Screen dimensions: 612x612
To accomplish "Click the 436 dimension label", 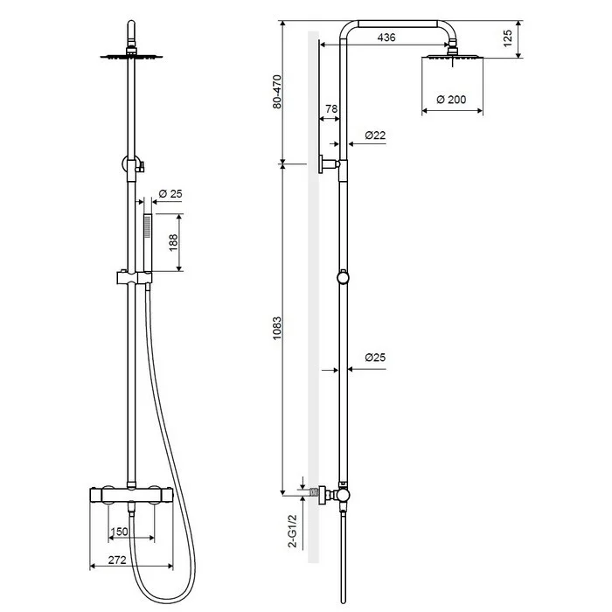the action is (386, 38).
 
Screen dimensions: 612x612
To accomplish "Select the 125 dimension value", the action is (507, 38).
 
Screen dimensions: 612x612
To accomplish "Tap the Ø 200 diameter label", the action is (451, 100).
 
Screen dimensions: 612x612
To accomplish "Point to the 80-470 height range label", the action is (277, 92).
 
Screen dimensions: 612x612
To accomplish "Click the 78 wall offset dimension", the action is (331, 109).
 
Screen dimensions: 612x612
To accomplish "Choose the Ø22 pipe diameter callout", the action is (375, 135).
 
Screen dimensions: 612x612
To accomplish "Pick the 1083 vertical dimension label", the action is (277, 328).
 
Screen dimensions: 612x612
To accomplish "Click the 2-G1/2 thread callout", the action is (292, 531).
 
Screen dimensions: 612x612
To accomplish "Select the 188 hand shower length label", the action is (173, 242).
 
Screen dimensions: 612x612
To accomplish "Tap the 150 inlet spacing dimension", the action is (119, 532).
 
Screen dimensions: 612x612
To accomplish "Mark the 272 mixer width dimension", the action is (117, 560).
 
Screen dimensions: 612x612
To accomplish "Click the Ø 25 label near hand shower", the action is (170, 193).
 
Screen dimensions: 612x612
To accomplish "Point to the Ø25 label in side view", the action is (375, 357).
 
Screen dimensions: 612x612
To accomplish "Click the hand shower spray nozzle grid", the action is (148, 226).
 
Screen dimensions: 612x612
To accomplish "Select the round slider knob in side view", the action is (343, 277).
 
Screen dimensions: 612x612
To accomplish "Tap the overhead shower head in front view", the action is (131, 57).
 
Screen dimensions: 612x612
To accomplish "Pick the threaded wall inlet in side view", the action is (313, 492).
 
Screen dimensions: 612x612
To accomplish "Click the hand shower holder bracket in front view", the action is (135, 277).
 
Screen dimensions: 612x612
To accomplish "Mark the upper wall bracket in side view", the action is (329, 164).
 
